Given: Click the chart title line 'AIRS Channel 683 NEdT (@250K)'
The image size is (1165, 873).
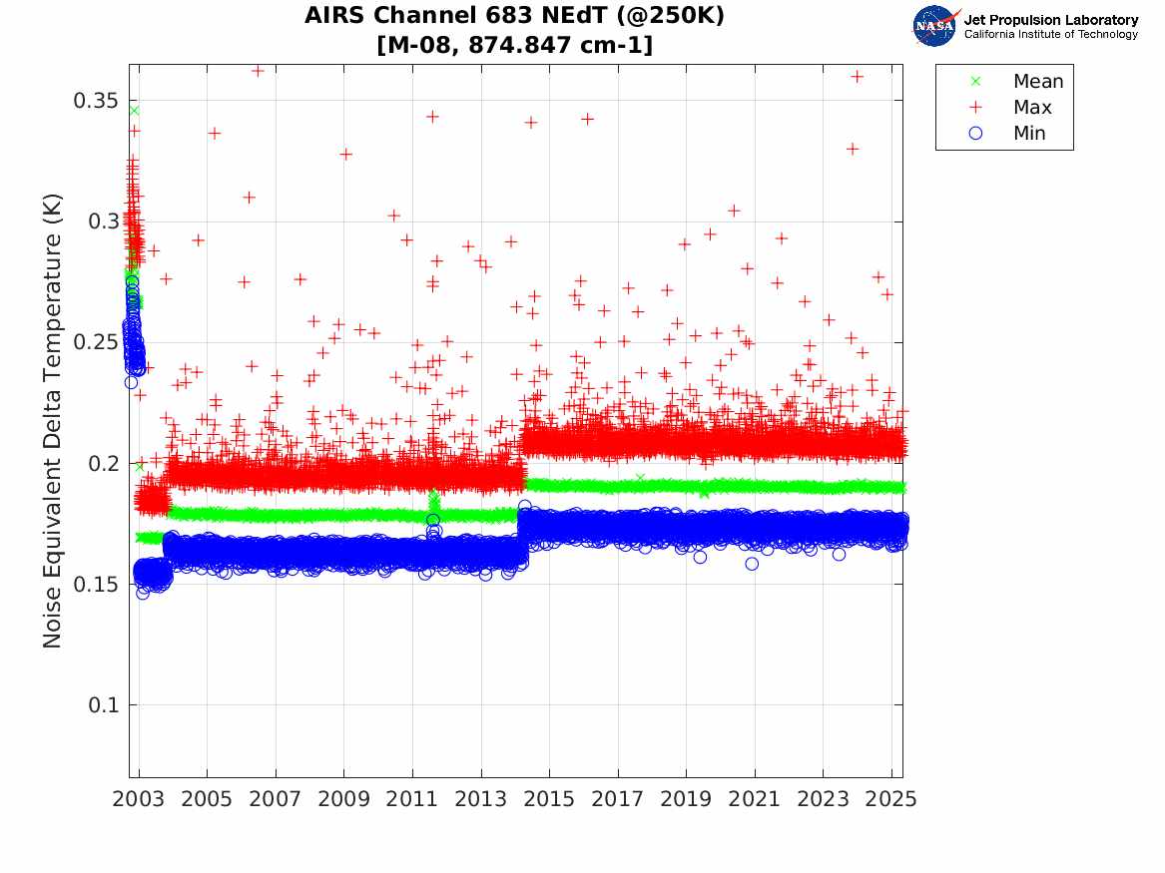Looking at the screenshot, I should click(x=514, y=16).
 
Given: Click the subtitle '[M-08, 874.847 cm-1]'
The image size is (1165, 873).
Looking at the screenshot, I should click(x=514, y=45).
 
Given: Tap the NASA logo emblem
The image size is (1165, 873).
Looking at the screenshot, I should click(x=934, y=26).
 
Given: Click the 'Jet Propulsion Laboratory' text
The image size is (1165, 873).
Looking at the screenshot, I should click(x=1050, y=19).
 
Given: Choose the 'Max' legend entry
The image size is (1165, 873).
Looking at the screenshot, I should click(x=1032, y=108).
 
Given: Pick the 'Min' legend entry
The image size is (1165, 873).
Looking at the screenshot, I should click(x=1029, y=134).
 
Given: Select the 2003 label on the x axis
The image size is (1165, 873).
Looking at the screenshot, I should click(x=139, y=799).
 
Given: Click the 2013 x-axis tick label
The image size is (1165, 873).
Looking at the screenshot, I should click(x=481, y=799).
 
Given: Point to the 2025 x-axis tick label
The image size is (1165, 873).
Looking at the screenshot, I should click(x=891, y=799).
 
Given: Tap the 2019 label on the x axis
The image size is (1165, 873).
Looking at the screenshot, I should click(x=686, y=799).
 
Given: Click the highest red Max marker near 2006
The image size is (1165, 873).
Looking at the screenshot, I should click(x=258, y=71).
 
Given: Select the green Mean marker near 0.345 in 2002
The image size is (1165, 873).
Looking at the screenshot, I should click(x=134, y=111).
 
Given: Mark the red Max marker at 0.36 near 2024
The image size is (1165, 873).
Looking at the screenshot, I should click(x=857, y=77).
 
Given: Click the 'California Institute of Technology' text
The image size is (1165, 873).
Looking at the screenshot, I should click(x=1050, y=35).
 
